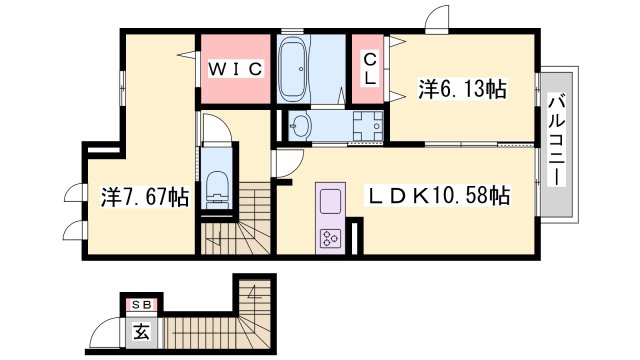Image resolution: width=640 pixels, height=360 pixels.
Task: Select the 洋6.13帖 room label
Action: [x=461, y=90]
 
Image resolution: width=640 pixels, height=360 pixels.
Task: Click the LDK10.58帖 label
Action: [x=441, y=195]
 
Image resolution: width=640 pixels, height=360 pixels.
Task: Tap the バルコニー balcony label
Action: [x=557, y=143]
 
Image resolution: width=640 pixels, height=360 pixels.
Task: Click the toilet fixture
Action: [x=216, y=189]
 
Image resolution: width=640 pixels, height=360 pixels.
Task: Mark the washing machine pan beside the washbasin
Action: [x=366, y=126]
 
